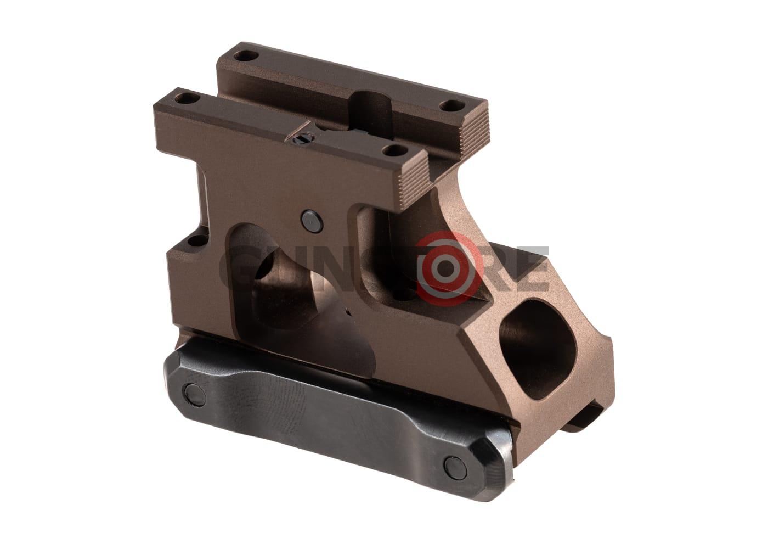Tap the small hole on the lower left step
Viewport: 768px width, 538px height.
[193, 239]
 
